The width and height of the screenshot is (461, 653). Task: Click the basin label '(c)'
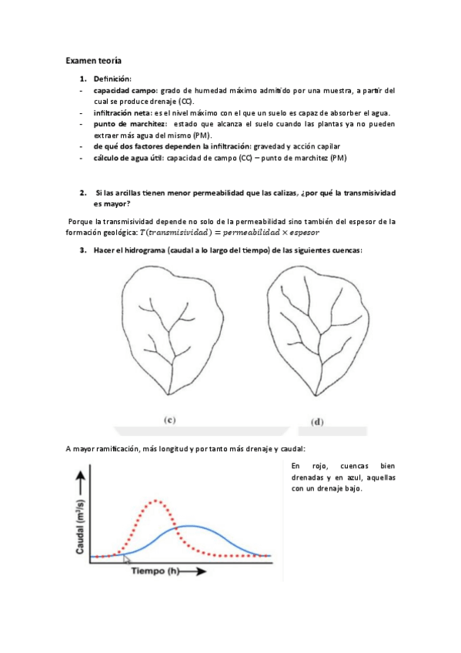[x=171, y=420]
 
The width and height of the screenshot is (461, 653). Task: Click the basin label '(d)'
[x=316, y=422]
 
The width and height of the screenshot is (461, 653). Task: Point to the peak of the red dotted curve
[x=158, y=501]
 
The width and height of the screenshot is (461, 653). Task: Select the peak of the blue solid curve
[x=189, y=526]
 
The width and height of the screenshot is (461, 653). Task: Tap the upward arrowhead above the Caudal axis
[x=79, y=478]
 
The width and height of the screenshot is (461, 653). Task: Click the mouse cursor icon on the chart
[x=127, y=558]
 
